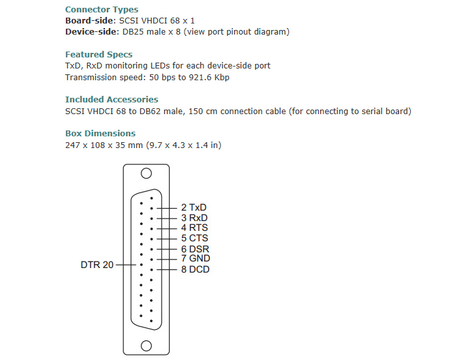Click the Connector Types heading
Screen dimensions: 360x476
click(x=102, y=10)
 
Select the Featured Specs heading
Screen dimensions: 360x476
click(x=98, y=55)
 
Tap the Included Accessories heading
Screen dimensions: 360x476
click(x=112, y=100)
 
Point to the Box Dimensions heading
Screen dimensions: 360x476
click(x=100, y=134)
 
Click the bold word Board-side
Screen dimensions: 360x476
click(x=88, y=21)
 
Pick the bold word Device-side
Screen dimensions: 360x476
click(x=90, y=32)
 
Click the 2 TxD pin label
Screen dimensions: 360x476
click(x=194, y=207)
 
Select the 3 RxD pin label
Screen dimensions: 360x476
click(x=194, y=218)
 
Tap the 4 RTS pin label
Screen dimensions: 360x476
click(x=194, y=228)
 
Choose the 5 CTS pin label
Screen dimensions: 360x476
click(x=194, y=238)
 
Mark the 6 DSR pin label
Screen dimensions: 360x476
click(x=195, y=249)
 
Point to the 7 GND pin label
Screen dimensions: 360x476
click(x=195, y=258)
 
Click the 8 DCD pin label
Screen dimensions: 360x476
click(x=195, y=269)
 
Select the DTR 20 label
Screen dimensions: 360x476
click(x=97, y=265)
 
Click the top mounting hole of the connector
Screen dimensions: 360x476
click(x=147, y=173)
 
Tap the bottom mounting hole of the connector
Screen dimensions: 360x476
click(x=147, y=346)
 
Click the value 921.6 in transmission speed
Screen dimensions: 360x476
click(x=205, y=78)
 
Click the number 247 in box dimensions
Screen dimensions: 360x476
click(x=72, y=145)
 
